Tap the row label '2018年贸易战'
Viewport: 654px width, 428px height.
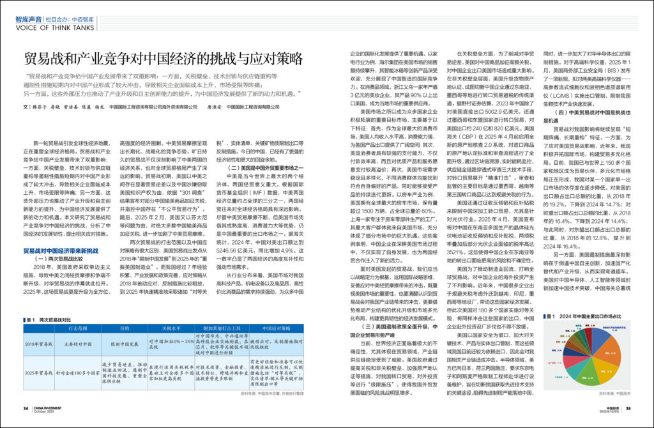(40, 343)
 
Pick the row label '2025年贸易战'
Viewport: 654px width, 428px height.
(40, 371)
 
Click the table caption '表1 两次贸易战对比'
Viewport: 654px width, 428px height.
(52, 317)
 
